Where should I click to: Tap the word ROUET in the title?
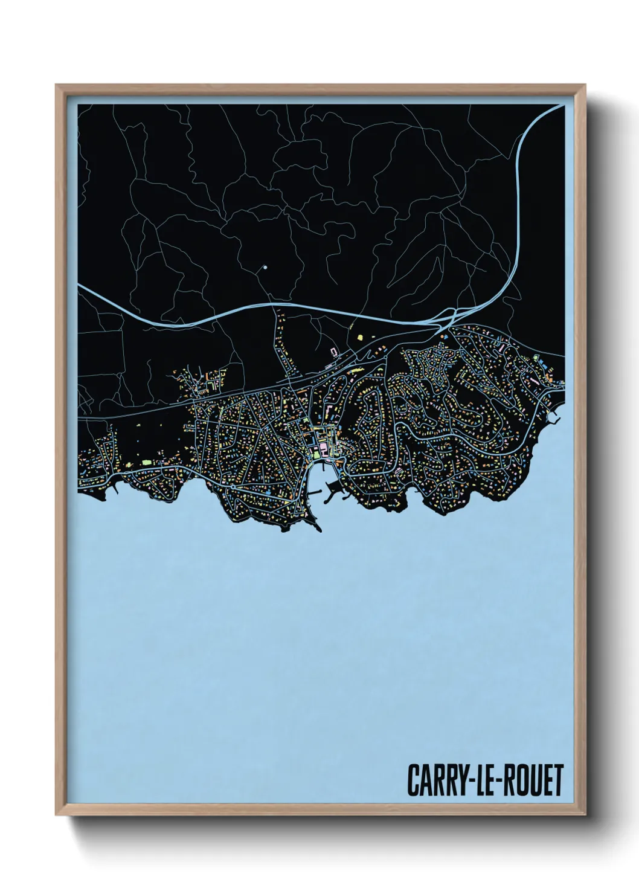pos(534,780)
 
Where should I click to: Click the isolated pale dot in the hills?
pos(265,266)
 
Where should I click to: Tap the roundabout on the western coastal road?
pos(233,486)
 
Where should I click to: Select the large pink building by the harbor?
pos(323,447)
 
